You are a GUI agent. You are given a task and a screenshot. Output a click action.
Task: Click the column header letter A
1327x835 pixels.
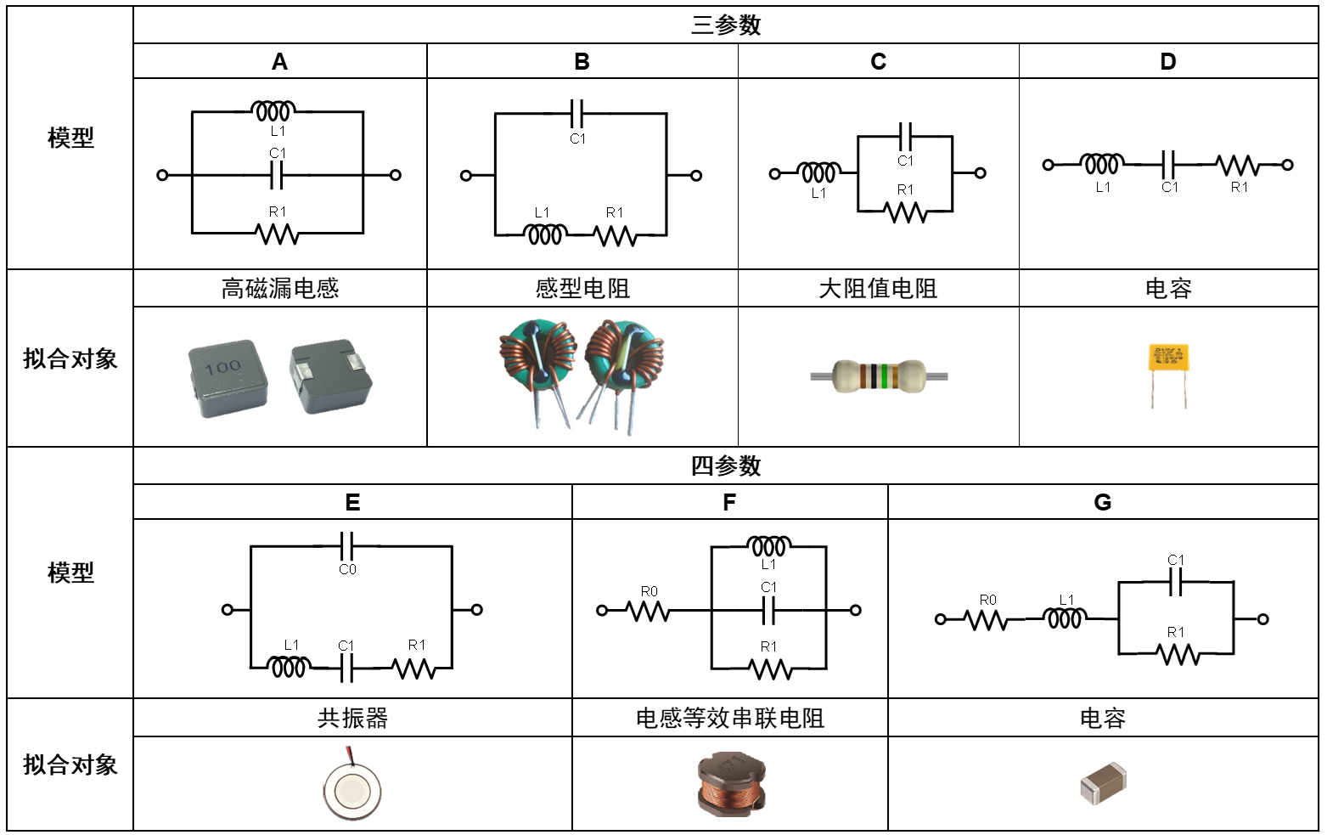tap(279, 62)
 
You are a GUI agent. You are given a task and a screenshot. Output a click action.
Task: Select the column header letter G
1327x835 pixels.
tap(1102, 503)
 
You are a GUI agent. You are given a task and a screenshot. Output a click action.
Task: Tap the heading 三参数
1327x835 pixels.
tap(725, 25)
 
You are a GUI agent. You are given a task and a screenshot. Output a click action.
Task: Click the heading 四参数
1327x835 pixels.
tap(725, 465)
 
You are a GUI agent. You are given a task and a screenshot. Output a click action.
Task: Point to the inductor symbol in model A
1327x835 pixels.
tap(273, 111)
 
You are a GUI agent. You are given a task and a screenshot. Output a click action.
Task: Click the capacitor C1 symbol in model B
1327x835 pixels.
tap(576, 113)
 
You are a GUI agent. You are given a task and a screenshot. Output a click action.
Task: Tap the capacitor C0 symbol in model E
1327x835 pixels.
tap(346, 545)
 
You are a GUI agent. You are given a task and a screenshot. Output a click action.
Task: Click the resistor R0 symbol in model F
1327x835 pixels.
tap(648, 610)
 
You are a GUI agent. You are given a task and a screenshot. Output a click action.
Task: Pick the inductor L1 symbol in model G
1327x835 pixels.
tap(1066, 619)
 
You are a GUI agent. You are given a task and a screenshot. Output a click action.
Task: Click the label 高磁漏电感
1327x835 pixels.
tap(279, 289)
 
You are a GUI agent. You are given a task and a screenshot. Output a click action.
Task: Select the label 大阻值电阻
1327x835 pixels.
tap(878, 289)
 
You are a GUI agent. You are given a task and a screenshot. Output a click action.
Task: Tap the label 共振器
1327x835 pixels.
tap(352, 719)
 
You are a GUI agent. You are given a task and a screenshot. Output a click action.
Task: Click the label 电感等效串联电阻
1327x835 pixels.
tap(729, 719)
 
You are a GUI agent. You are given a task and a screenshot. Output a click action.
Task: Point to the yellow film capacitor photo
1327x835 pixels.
tap(1168, 358)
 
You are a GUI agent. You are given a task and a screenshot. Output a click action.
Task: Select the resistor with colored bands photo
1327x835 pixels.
tap(879, 376)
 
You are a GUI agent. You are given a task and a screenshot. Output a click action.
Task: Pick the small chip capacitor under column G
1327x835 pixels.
tap(1103, 784)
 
